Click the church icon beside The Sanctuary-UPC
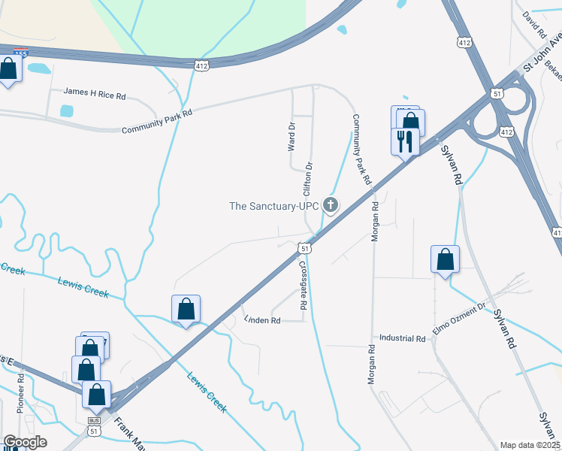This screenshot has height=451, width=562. (x=330, y=204)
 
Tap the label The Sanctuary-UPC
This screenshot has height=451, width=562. (x=273, y=205)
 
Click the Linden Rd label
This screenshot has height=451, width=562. (x=262, y=320)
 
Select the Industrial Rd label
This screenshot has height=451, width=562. (x=403, y=338)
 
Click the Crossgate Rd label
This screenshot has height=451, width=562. (x=304, y=286)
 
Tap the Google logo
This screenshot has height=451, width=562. (x=25, y=442)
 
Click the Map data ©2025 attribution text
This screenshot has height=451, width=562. (x=530, y=445)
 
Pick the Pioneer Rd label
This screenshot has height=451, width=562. (x=21, y=391)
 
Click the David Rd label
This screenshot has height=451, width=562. (x=534, y=25)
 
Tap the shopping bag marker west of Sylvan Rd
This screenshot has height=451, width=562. (x=445, y=259)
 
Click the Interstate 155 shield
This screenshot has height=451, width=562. (x=21, y=51)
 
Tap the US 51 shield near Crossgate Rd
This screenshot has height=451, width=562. (x=304, y=247)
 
